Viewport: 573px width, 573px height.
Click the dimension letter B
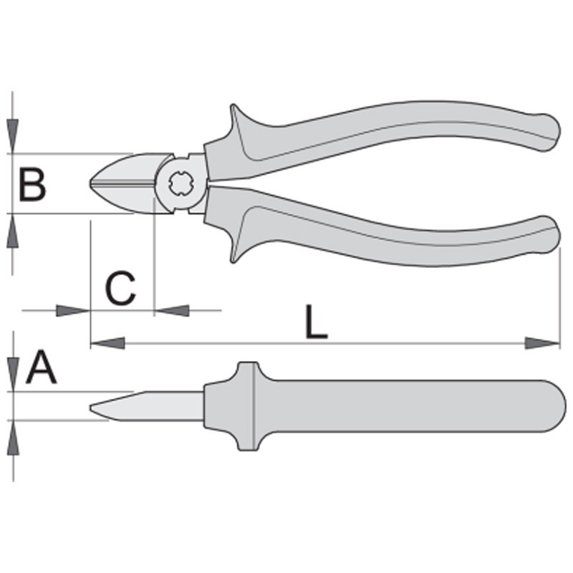tap(32, 184)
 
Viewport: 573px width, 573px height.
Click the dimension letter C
tap(120, 288)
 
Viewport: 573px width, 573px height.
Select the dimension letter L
tap(316, 321)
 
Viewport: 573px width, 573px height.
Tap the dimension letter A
tap(42, 367)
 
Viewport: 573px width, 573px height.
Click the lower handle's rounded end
tap(550, 234)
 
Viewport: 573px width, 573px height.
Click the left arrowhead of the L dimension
tap(107, 343)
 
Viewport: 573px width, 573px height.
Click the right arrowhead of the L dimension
tap(542, 343)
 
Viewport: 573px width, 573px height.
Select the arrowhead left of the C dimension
tap(73, 311)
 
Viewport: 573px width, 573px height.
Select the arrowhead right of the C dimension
tap(172, 311)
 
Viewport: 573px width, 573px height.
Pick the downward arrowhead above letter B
tap(12, 136)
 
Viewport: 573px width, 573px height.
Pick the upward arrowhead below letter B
tap(12, 231)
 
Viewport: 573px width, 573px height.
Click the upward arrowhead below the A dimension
tap(13, 438)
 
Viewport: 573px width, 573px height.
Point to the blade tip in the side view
tap(91, 407)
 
